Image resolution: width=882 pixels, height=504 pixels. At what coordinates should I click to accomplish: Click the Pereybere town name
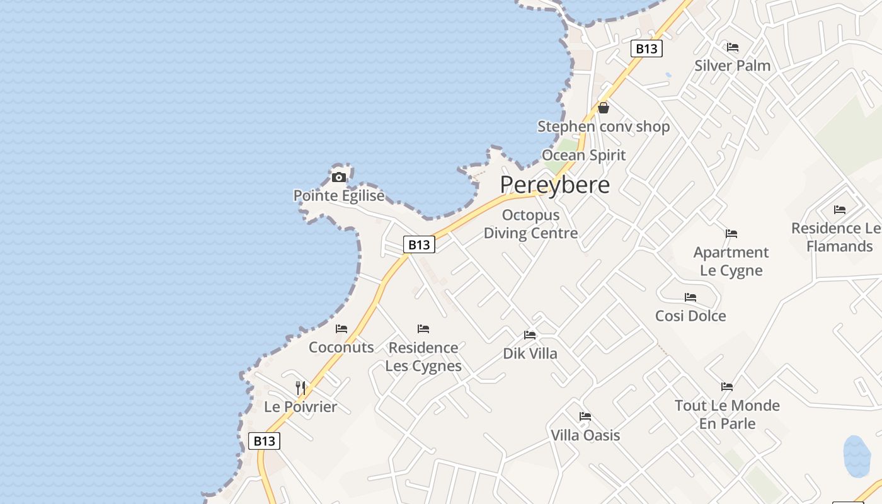coord(555,185)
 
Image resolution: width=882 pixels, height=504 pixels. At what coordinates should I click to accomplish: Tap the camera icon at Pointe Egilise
coord(339,177)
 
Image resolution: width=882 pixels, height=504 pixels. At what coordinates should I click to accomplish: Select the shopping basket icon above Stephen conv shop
coord(604,108)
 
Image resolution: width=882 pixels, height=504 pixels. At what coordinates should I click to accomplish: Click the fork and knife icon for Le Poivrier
coord(301,387)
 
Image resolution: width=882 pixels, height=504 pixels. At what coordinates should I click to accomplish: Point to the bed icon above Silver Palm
coord(732,47)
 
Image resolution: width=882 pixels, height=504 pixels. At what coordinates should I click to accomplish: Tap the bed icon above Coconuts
coord(341,329)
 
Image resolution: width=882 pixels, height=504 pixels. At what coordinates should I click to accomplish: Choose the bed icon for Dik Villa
coord(530,335)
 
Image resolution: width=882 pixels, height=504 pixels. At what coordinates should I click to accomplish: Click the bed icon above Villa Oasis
coord(585,416)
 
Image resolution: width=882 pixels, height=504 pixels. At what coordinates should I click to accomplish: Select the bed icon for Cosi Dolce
coord(690,297)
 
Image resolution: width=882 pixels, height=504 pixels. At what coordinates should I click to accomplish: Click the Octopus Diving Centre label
coord(530,224)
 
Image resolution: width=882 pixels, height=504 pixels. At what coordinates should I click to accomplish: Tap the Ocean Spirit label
coord(584,155)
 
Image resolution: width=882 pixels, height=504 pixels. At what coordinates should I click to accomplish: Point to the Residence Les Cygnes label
coord(423,357)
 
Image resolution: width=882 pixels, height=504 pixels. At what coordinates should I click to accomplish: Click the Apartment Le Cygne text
coord(731,261)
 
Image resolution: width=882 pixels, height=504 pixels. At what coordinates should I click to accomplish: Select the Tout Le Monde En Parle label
coord(727,414)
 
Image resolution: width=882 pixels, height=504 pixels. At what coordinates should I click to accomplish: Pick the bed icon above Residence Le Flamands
coord(839,210)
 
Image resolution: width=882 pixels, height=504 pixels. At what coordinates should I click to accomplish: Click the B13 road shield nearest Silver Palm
coord(646,49)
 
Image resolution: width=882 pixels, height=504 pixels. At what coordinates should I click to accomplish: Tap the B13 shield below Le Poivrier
coord(264,440)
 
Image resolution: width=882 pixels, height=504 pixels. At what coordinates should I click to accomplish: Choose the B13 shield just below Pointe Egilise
coord(419,244)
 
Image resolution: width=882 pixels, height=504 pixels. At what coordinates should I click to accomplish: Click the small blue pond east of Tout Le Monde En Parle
coord(857,456)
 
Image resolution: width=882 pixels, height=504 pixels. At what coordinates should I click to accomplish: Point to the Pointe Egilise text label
coord(339,196)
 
